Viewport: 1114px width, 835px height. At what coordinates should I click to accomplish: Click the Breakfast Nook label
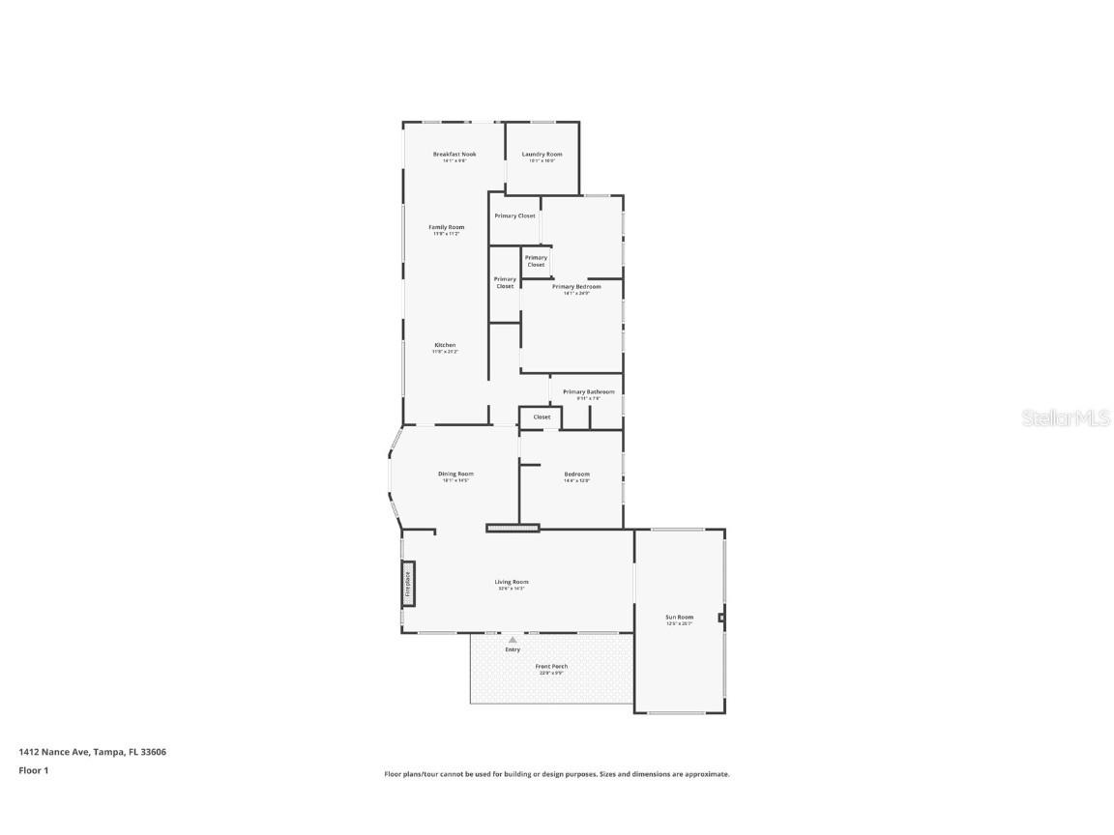(454, 154)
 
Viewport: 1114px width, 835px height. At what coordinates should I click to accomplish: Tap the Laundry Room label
(542, 155)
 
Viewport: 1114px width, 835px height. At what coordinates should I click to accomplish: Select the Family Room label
(447, 227)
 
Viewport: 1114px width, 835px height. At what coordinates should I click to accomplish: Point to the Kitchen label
(445, 345)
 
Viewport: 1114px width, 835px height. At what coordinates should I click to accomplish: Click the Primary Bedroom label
(576, 286)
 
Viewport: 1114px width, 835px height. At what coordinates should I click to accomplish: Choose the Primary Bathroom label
(588, 391)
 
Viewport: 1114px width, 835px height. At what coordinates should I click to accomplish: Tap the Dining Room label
(455, 474)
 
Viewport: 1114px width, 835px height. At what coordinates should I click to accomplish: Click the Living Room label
(512, 582)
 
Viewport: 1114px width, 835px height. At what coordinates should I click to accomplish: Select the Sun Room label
(679, 617)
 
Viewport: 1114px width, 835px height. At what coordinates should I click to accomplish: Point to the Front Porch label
(551, 666)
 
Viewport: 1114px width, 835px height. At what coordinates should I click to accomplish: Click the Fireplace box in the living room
(408, 584)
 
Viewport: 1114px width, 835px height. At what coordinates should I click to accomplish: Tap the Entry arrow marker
(513, 639)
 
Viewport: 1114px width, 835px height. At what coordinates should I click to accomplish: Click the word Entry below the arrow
(513, 649)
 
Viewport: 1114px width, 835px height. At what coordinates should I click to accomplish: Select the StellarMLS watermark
(1067, 418)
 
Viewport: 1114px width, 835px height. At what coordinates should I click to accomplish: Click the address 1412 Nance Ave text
(92, 751)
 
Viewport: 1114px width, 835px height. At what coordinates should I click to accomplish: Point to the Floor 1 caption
(33, 770)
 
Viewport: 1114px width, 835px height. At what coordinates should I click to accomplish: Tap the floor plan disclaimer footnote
(557, 774)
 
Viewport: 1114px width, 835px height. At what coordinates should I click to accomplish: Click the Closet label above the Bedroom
(542, 417)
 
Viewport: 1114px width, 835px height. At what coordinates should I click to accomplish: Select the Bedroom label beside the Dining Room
(577, 474)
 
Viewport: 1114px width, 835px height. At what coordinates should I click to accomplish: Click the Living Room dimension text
(512, 589)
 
